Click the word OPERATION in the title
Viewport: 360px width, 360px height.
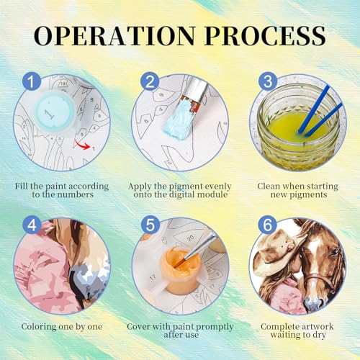coord(114,35)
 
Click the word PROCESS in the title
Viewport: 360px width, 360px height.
coord(266,35)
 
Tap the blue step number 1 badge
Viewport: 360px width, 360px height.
coord(32,81)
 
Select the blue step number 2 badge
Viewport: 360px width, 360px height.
coord(150,81)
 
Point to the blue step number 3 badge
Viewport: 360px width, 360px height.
coord(268,81)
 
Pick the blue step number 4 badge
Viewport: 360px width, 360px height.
coord(32,225)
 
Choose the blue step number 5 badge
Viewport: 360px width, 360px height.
coord(150,225)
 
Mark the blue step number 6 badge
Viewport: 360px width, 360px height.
coord(267,225)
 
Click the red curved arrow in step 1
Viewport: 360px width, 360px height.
coord(81,145)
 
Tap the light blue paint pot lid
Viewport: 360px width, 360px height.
coord(55,113)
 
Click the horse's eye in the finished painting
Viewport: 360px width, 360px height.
coord(334,253)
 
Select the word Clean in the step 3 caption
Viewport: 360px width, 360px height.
coord(269,186)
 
